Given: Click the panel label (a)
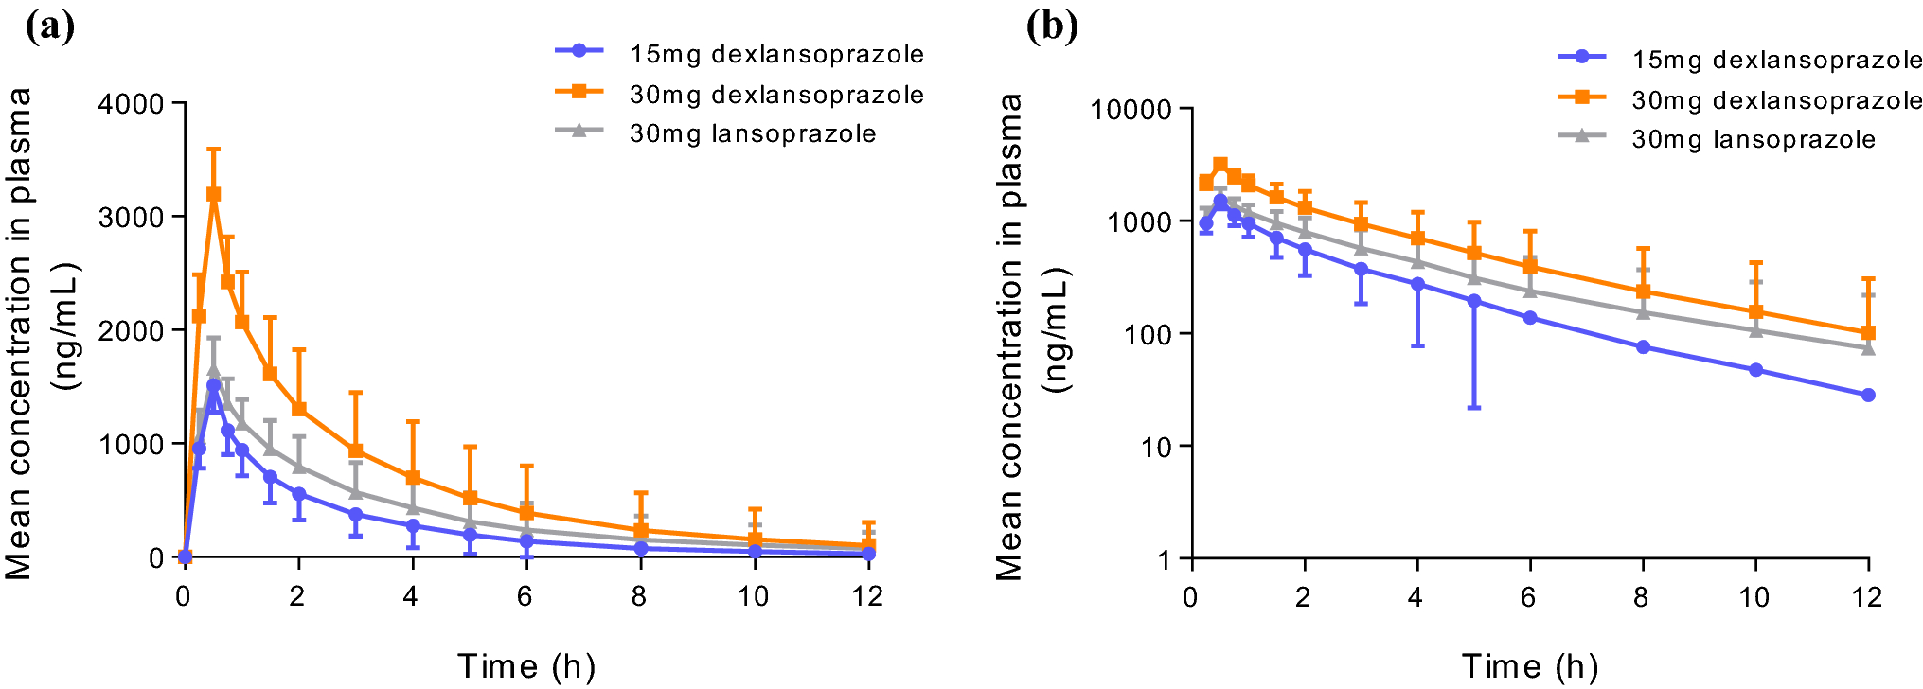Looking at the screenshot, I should point(50,26).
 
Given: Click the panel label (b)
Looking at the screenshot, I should point(1052,26).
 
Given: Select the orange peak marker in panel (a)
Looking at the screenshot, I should point(213,194).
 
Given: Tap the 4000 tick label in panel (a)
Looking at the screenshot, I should point(132,103).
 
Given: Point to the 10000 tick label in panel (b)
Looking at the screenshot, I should point(1131,110).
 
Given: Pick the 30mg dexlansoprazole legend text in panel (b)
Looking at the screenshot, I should point(1777,100).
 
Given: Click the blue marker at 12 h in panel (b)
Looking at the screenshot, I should point(1868,395).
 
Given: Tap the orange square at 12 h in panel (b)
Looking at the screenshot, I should point(1868,333).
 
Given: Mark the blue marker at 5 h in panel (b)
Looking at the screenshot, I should point(1473,301).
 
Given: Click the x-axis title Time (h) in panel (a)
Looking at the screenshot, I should point(526,666).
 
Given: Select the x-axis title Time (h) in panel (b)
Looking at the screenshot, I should point(1529,666).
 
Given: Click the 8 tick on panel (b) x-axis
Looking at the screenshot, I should point(1641,597).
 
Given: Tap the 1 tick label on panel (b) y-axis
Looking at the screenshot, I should point(1164,559).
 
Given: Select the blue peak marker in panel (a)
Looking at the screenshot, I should point(213,385).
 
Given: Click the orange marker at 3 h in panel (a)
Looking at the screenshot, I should point(356,451).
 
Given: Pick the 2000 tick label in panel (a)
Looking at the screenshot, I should point(132,330).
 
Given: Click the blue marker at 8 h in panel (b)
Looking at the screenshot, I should point(1643,347).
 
